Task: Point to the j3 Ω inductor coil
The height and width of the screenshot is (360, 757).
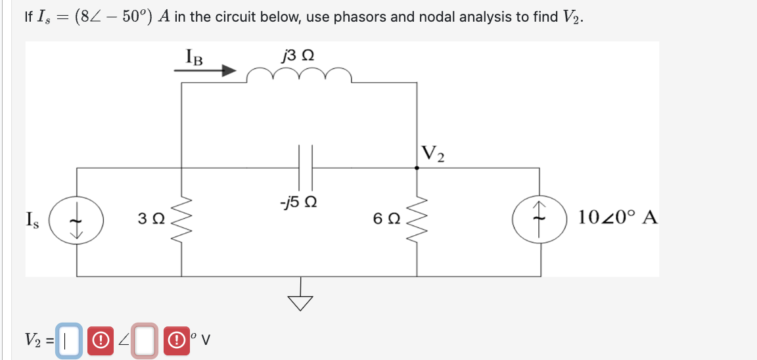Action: (x=299, y=76)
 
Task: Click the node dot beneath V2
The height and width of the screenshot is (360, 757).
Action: (x=417, y=168)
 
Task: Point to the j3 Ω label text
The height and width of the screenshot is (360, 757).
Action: (x=297, y=55)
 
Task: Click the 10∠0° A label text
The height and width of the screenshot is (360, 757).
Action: (x=618, y=217)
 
